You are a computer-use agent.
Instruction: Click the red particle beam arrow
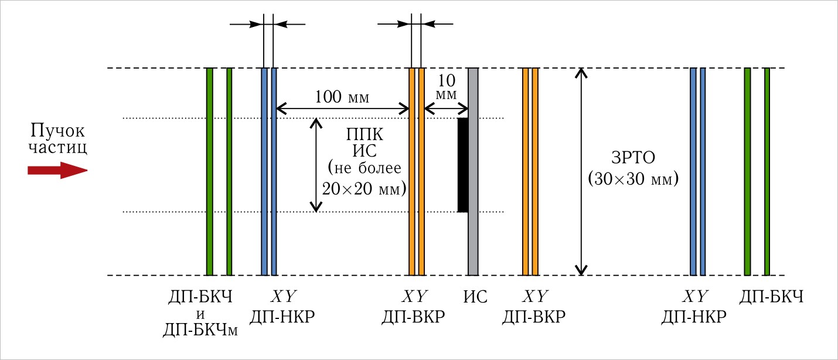click(57, 170)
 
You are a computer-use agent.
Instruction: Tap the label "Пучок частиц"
click(57, 138)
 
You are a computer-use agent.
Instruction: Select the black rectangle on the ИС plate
click(463, 165)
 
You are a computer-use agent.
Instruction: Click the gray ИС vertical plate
click(473, 172)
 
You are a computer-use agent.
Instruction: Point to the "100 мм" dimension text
click(342, 97)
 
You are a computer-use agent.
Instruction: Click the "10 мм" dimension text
click(447, 87)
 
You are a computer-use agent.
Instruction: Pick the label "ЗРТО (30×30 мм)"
click(633, 168)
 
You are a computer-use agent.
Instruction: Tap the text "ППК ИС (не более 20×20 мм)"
click(365, 162)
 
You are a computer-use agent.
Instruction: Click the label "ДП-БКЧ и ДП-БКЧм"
click(200, 314)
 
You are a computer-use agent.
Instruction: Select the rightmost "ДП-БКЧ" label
click(771, 297)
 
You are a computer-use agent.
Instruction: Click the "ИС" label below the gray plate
click(475, 297)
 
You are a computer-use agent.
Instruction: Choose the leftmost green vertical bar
click(210, 172)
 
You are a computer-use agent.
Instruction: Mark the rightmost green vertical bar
click(767, 172)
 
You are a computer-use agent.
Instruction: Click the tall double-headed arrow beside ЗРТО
click(581, 172)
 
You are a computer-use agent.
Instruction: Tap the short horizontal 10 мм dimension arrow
click(447, 109)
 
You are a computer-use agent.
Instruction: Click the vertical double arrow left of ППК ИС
click(316, 165)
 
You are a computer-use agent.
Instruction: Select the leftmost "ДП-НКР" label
click(282, 317)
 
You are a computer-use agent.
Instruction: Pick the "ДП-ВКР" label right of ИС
click(534, 317)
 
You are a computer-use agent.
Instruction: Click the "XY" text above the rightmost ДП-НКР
click(695, 296)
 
